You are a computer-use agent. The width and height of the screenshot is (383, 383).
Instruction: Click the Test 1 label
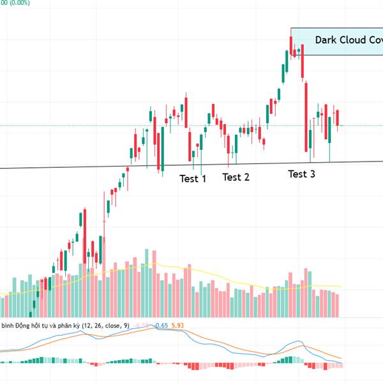tap(193, 179)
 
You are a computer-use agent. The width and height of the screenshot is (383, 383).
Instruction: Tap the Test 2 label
tap(236, 177)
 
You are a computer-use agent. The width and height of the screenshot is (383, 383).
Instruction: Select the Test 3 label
tap(301, 174)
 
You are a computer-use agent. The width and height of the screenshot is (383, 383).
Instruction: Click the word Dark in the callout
tap(327, 40)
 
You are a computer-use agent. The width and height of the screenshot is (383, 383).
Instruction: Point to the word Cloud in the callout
tap(355, 40)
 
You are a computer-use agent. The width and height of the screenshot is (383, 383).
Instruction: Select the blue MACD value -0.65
tap(161, 326)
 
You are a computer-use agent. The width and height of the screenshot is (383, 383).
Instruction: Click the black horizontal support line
tap(64, 167)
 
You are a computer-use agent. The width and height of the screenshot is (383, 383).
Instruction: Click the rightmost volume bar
tap(337, 305)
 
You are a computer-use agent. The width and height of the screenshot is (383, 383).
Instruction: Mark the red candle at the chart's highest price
tap(291, 45)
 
